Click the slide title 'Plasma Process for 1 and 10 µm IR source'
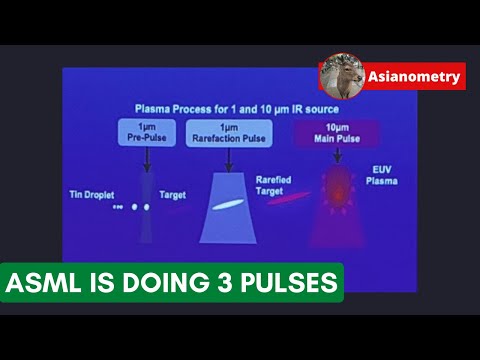[x=236, y=108]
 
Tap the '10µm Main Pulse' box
[x=323, y=132]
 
